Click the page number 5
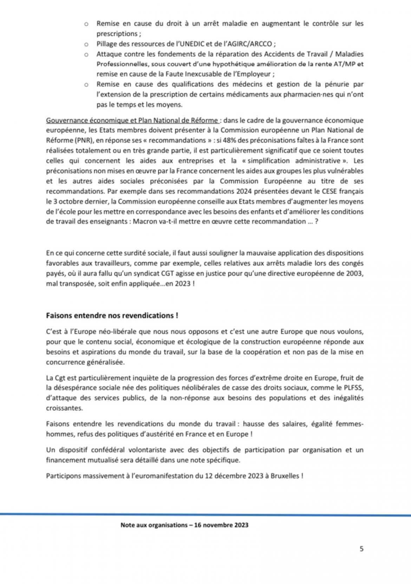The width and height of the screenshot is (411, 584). coord(361,549)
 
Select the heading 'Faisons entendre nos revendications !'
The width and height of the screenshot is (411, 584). coord(112,315)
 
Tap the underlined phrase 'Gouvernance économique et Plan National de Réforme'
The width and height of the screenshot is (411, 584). coord(132,121)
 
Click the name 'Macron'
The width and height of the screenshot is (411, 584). coord(145,221)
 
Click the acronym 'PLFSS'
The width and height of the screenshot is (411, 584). coord(353,388)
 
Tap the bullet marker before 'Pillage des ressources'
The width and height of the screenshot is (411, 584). coord(86,44)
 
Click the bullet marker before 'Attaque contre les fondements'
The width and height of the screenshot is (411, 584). coord(86,54)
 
